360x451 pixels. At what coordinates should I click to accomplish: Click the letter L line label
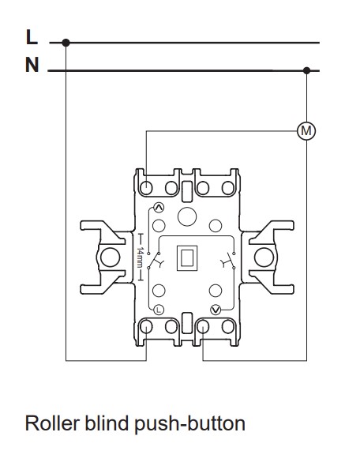[x=32, y=37]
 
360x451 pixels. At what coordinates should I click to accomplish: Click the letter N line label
[x=32, y=65]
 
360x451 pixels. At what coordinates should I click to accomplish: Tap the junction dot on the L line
[x=66, y=43]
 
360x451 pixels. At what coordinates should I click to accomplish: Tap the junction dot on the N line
[x=307, y=70]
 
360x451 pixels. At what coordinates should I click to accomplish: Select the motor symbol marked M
[x=306, y=131]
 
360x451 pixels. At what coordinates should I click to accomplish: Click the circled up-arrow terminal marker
[x=159, y=208]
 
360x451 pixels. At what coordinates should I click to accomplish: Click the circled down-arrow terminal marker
[x=216, y=310]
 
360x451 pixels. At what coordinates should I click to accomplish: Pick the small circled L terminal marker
[x=159, y=310]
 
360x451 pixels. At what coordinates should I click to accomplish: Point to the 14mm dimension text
[x=140, y=257]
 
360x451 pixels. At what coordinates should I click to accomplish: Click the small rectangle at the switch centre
[x=187, y=258]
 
